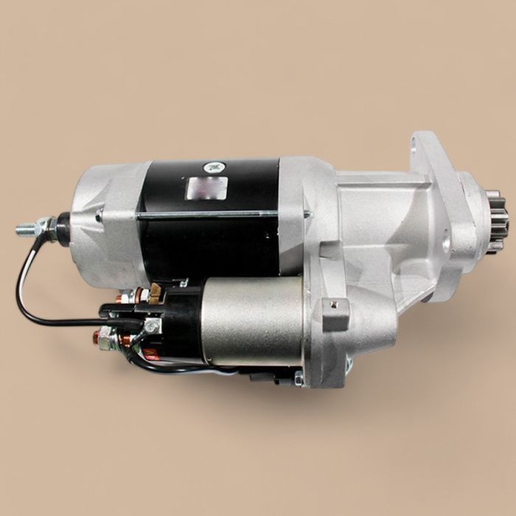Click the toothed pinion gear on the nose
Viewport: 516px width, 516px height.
[x=493, y=221]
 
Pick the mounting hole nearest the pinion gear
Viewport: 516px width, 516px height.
[x=445, y=240]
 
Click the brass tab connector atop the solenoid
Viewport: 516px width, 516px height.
[x=156, y=293]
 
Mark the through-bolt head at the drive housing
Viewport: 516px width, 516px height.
[x=307, y=215]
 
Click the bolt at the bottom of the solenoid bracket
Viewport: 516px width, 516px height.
[x=299, y=379]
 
